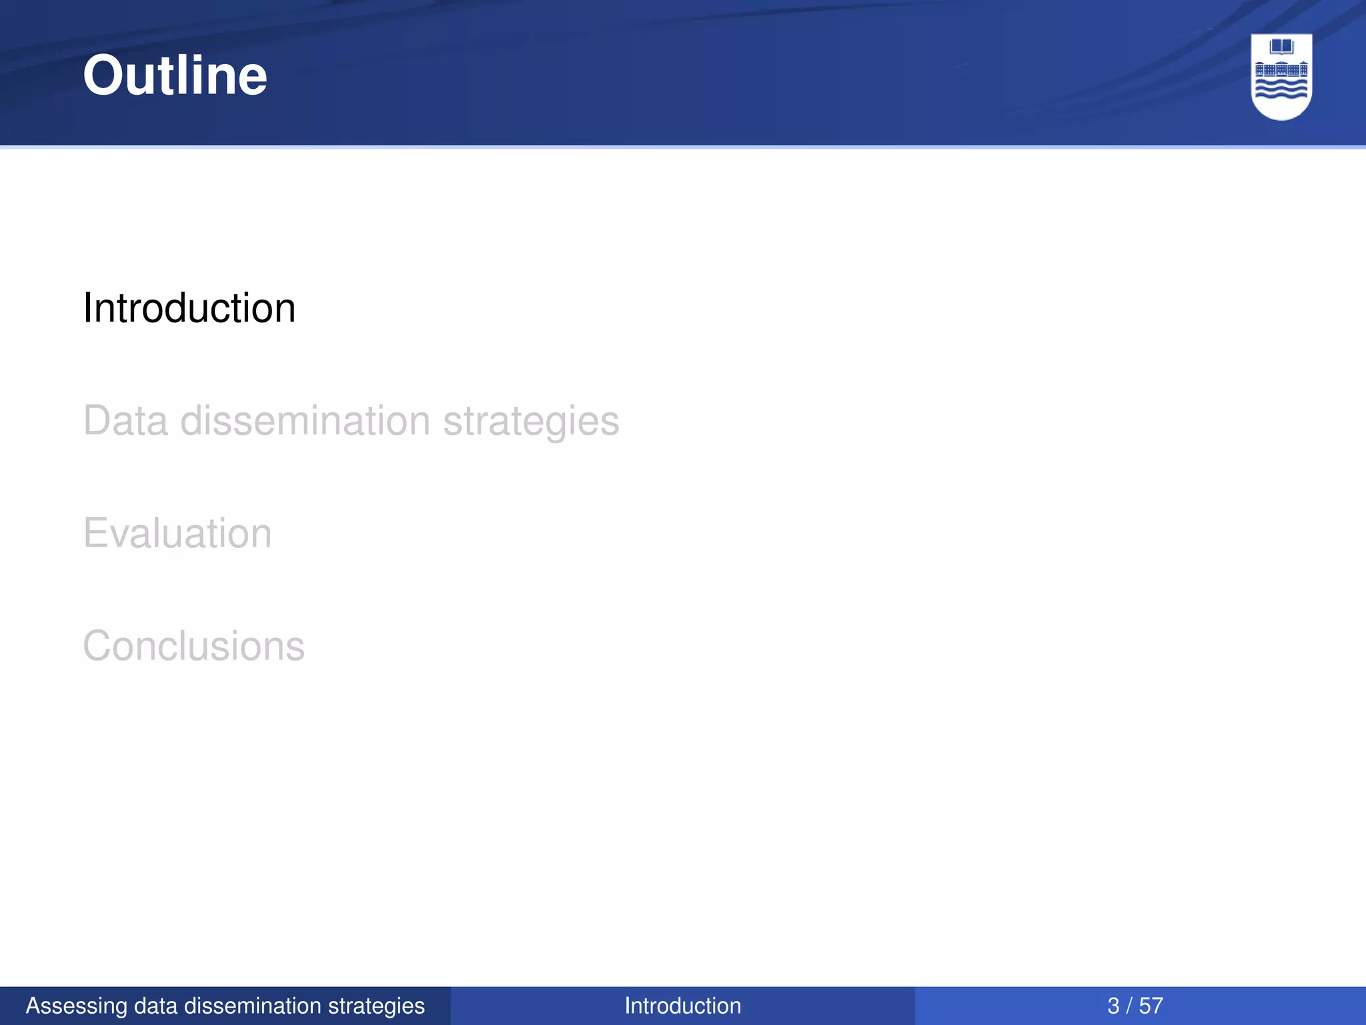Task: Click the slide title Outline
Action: pos(175,75)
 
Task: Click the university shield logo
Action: pos(1281,76)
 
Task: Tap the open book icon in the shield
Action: pos(1281,47)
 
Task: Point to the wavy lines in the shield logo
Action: pos(1281,89)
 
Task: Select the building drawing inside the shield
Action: pos(1281,69)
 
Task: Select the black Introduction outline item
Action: pos(189,308)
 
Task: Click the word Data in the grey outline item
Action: pos(125,421)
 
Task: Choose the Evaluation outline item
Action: pos(177,534)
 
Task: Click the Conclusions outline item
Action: pos(193,647)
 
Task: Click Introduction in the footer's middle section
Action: pos(682,1006)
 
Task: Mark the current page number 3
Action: pos(1113,1006)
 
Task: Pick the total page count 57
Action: pos(1151,1006)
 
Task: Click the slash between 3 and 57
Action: pos(1130,1006)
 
